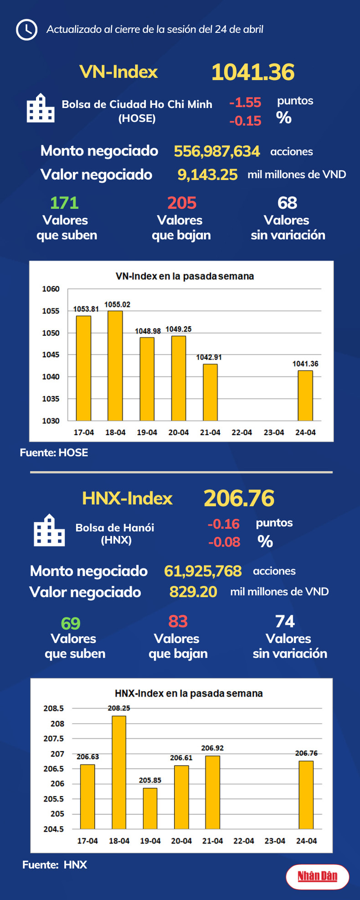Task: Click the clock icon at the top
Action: click(x=26, y=30)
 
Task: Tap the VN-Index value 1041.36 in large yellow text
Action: click(x=253, y=72)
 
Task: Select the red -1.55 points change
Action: click(x=245, y=103)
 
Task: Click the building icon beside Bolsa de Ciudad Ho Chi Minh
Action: click(x=41, y=108)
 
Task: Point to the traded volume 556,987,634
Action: click(x=217, y=151)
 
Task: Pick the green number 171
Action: click(x=64, y=203)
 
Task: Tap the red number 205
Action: click(x=181, y=203)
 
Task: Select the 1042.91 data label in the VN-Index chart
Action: click(x=209, y=357)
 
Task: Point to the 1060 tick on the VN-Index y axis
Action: click(x=51, y=289)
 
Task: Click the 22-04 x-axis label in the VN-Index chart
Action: click(x=242, y=432)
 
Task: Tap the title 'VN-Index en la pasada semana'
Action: click(x=185, y=276)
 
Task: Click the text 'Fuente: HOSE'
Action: click(x=54, y=453)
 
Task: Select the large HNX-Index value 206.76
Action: click(x=239, y=498)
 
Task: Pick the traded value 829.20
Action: click(x=193, y=591)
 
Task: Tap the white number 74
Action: click(x=285, y=622)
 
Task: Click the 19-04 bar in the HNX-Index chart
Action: click(x=150, y=808)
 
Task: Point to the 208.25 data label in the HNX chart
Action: click(x=119, y=708)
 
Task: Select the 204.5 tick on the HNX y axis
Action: click(x=54, y=829)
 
